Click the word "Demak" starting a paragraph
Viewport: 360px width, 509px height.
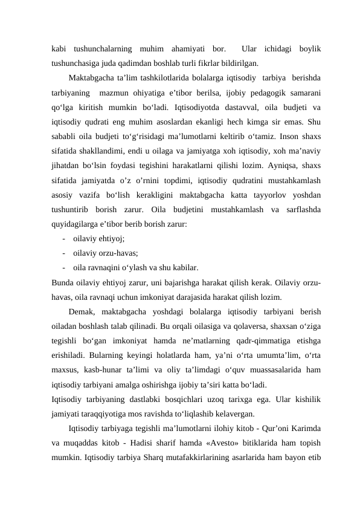click(x=81, y=312)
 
